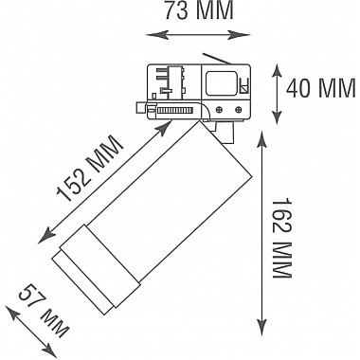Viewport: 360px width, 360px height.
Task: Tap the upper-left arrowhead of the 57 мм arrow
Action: (9, 308)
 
